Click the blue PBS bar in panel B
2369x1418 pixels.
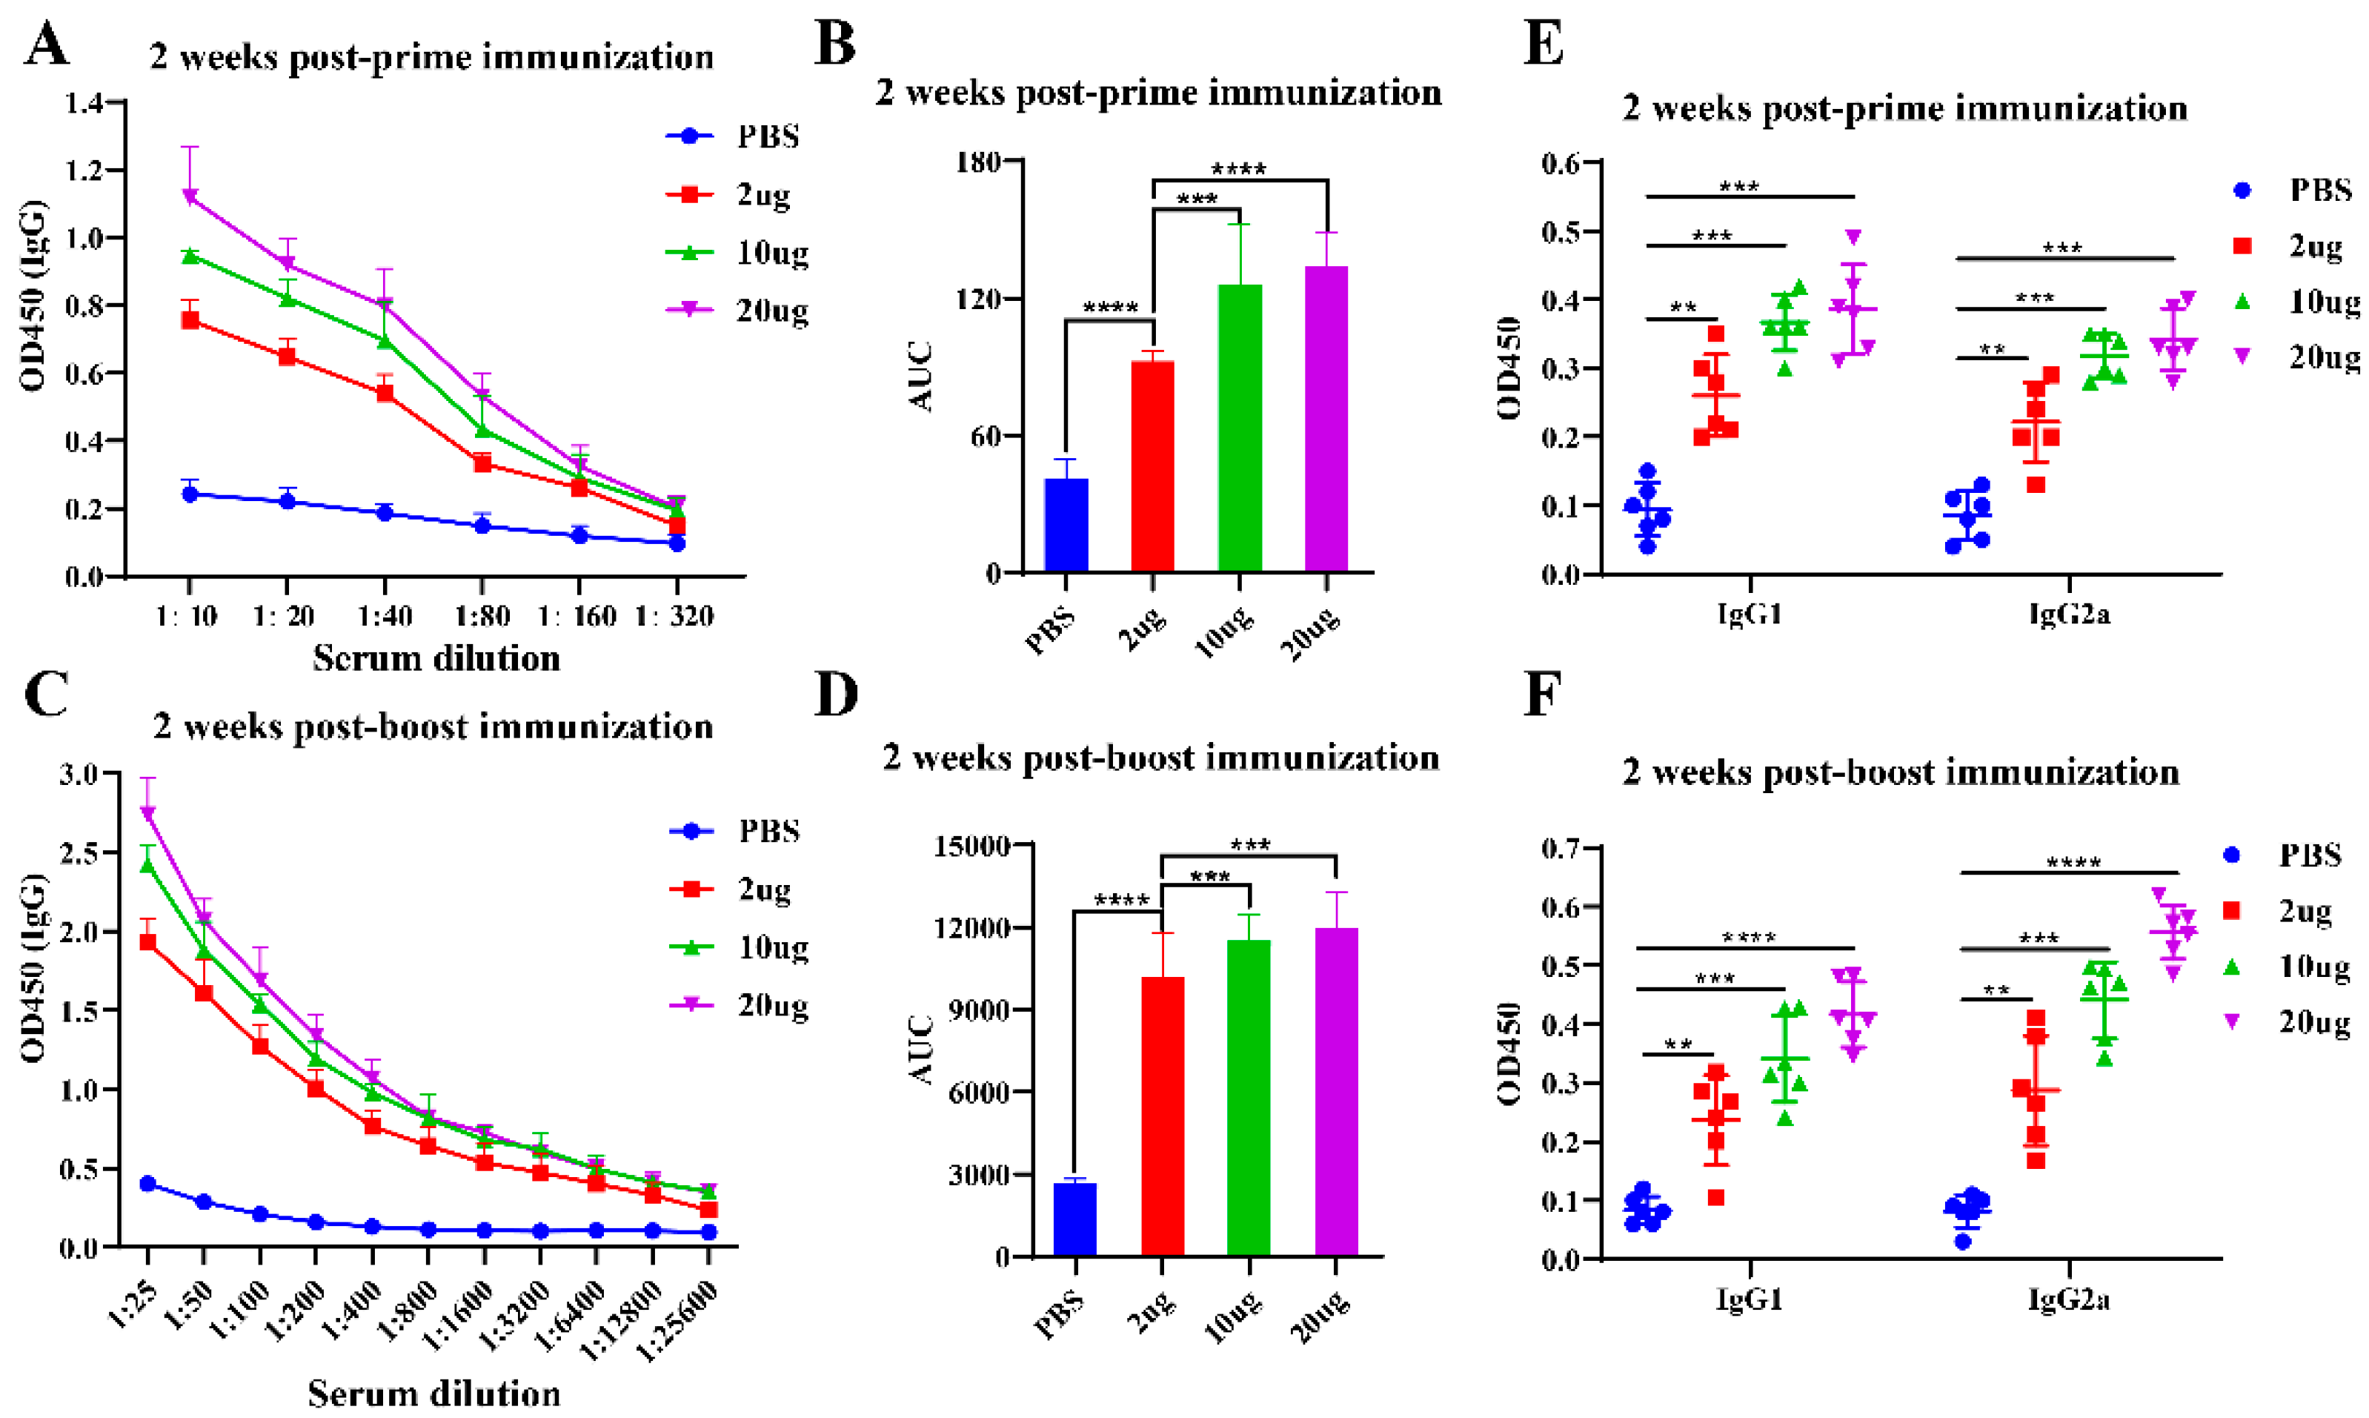tap(1066, 525)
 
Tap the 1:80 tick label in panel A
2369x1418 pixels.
tap(482, 616)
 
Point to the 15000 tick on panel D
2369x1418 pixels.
tap(975, 846)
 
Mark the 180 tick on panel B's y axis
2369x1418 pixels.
tap(979, 161)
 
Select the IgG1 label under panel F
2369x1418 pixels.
tap(1748, 1299)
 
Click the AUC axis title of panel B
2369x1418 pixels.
tap(921, 377)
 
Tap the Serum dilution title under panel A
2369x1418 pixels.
tap(436, 658)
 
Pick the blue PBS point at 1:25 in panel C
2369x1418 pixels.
tap(148, 1184)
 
